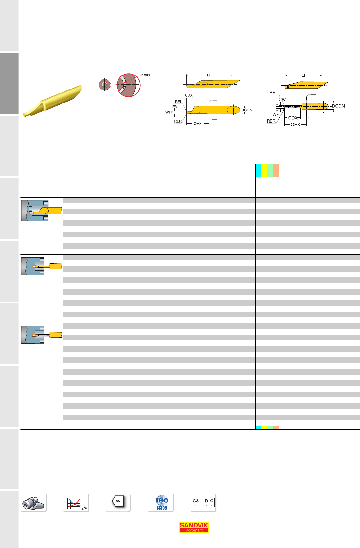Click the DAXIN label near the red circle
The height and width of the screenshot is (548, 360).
point(145,75)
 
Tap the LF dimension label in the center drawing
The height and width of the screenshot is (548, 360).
point(209,75)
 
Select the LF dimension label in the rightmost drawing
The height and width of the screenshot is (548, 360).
point(304,75)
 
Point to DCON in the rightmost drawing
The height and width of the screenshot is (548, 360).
point(338,106)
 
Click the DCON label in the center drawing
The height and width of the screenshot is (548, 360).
point(247,110)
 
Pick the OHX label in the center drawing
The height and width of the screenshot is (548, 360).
point(198,124)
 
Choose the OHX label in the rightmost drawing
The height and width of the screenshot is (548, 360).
point(296,125)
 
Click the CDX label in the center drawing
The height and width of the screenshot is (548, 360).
point(189,95)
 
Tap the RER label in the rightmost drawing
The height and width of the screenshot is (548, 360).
point(271,121)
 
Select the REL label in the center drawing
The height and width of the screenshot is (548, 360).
point(178,102)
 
